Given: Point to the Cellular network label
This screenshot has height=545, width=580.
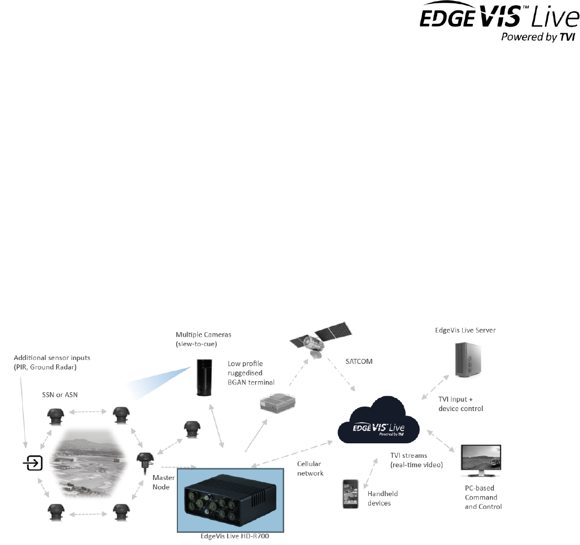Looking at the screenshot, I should pos(310,468).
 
